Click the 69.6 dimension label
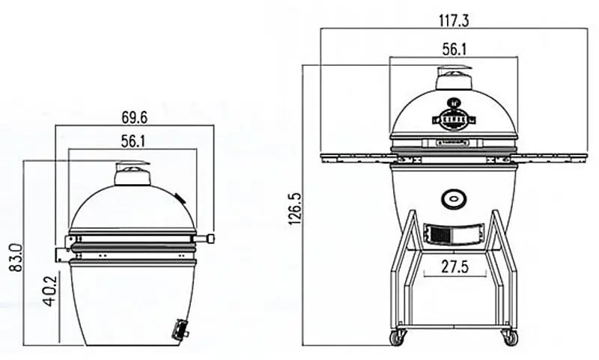[x=134, y=118]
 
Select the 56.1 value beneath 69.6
[x=134, y=140]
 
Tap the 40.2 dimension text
[x=49, y=294]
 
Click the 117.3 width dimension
[x=453, y=20]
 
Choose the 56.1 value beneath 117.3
[x=453, y=49]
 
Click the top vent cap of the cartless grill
[x=133, y=174]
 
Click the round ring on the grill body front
[x=453, y=199]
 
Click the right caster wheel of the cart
[x=511, y=338]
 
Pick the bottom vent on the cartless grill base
[x=180, y=329]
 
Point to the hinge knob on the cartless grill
[x=209, y=238]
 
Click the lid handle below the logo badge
[x=453, y=141]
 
